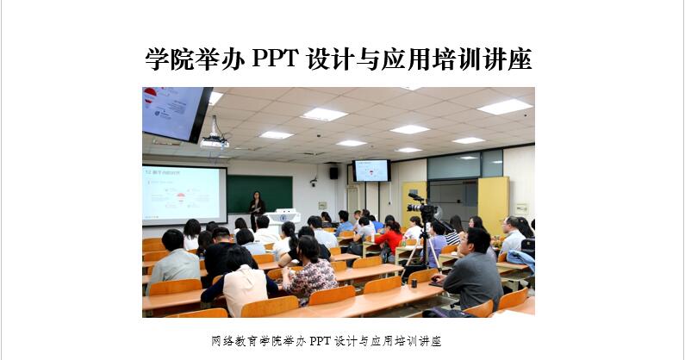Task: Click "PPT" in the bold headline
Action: (275, 59)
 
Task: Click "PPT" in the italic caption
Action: (321, 341)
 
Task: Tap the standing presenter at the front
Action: (257, 209)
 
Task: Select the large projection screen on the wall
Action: (184, 195)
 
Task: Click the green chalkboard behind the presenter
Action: (260, 195)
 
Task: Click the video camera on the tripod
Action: (421, 207)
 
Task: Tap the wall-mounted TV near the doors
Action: (371, 171)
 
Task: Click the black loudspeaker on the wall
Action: (333, 173)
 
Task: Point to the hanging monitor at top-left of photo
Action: (176, 113)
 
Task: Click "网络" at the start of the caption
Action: (222, 341)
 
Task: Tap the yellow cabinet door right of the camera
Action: (493, 205)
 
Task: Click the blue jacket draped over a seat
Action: (521, 259)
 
